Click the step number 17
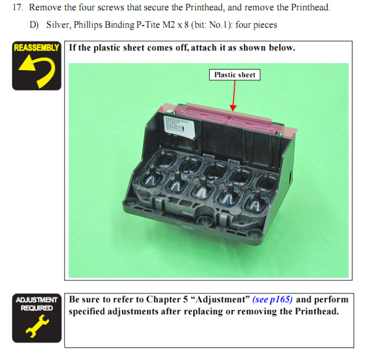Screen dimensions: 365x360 click(x=18, y=7)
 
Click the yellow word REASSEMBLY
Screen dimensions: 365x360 click(x=36, y=48)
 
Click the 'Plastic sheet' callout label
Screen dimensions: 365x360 click(x=234, y=75)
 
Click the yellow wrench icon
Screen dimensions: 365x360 click(x=37, y=326)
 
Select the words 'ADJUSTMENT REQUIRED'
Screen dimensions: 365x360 click(x=36, y=304)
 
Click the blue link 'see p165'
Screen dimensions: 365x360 click(x=273, y=299)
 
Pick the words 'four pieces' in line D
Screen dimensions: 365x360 click(x=256, y=25)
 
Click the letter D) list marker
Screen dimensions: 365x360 click(x=34, y=25)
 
